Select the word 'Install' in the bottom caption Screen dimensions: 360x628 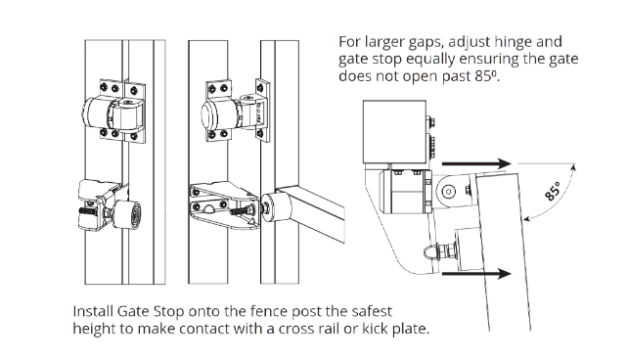click(96, 311)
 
